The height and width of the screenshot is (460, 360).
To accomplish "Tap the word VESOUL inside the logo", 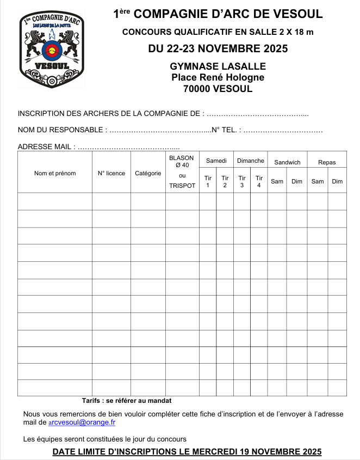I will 52,67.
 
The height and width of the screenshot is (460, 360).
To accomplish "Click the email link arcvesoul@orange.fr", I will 82,422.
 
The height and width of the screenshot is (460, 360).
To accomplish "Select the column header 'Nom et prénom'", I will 55,173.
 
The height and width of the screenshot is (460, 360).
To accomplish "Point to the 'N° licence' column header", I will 111,173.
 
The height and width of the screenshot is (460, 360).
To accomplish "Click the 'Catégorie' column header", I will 148,173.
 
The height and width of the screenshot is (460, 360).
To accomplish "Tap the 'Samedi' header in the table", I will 216,161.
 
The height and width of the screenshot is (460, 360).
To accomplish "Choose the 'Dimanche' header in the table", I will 251,161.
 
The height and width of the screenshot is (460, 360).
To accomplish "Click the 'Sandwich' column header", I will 287,162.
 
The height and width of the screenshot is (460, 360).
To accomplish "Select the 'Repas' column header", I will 327,162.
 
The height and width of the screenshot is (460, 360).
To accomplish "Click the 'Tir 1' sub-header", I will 208,181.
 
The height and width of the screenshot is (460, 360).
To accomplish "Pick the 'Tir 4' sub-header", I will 259,181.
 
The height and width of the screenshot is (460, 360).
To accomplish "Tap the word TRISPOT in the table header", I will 182,186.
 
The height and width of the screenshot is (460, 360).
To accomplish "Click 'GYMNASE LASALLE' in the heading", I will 218,66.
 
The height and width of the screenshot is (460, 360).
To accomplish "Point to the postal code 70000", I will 198,89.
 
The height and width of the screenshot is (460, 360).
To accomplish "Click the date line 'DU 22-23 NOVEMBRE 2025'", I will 218,49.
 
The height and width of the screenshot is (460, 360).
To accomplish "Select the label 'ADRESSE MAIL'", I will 44,147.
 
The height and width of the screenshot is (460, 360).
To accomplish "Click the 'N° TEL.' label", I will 224,130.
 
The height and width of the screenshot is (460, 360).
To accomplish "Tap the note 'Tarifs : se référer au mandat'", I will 127,401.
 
